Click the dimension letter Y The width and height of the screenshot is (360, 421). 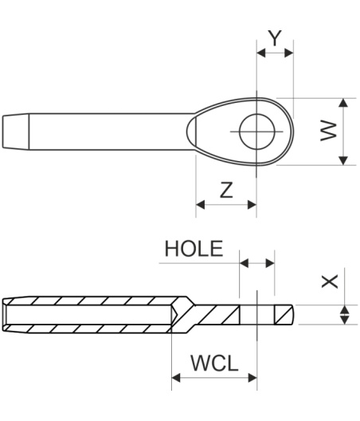pos(275,37)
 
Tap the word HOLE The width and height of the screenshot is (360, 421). pos(194,249)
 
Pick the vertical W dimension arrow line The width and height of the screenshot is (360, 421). pos(344,132)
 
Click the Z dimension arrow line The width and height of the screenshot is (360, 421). pos(226,205)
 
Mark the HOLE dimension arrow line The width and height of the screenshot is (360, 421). pos(256,262)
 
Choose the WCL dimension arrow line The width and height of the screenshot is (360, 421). pos(213,378)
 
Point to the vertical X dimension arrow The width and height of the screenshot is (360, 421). pos(344,314)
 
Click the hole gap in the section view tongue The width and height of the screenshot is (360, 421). pos(256,314)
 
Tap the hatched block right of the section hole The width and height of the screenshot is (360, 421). pos(284,314)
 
